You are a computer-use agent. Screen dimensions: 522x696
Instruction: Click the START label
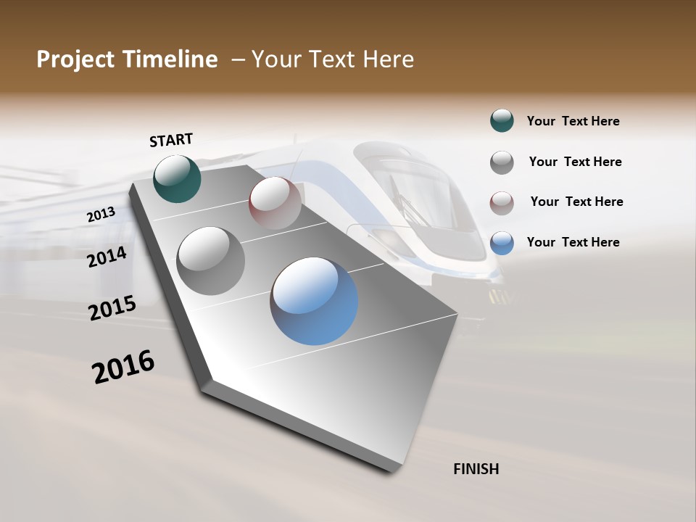pyautogui.click(x=171, y=140)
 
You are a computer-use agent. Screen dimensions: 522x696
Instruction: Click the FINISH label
pyautogui.click(x=476, y=469)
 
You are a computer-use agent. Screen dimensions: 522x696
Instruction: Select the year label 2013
pyautogui.click(x=101, y=215)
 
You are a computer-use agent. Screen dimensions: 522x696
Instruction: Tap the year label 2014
pyautogui.click(x=107, y=257)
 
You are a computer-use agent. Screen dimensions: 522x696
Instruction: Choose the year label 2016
pyautogui.click(x=123, y=367)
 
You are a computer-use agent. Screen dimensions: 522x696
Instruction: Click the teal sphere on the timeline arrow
pyautogui.click(x=177, y=178)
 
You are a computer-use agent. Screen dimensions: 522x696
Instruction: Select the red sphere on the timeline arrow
pyautogui.click(x=275, y=203)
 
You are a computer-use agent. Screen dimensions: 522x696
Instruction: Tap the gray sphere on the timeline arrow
pyautogui.click(x=210, y=260)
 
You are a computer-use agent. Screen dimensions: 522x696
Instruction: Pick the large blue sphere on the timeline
pyautogui.click(x=314, y=300)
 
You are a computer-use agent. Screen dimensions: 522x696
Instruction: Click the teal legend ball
pyautogui.click(x=502, y=120)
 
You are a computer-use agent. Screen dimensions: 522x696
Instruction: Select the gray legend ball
pyautogui.click(x=502, y=162)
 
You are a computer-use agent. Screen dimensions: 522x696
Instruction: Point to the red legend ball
pyautogui.click(x=502, y=202)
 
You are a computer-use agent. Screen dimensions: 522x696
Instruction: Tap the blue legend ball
pyautogui.click(x=502, y=242)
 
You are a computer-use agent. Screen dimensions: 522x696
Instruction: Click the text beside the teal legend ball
pyautogui.click(x=573, y=122)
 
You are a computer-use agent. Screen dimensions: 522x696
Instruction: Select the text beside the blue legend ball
pyautogui.click(x=573, y=242)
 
